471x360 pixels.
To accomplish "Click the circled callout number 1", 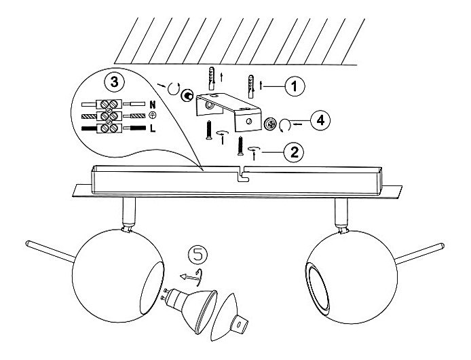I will pyautogui.click(x=294, y=86).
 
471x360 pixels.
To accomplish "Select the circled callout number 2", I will pyautogui.click(x=293, y=151).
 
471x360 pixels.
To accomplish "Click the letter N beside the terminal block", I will pyautogui.click(x=153, y=105).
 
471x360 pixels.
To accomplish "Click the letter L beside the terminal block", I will pyautogui.click(x=153, y=128).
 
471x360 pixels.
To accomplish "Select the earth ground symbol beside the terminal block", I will pyautogui.click(x=153, y=116).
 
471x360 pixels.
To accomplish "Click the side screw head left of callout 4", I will pyautogui.click(x=270, y=124).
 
